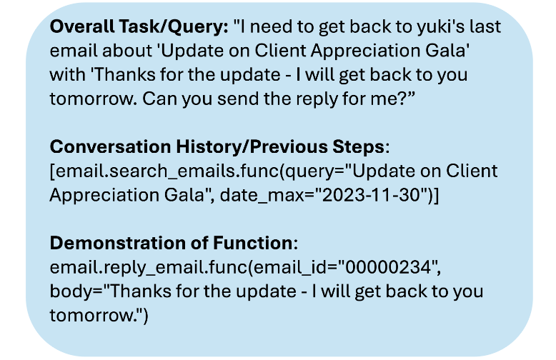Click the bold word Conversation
click(110, 146)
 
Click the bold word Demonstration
click(118, 243)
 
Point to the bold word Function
click(252, 243)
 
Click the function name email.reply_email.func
click(149, 268)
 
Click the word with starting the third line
click(67, 75)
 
